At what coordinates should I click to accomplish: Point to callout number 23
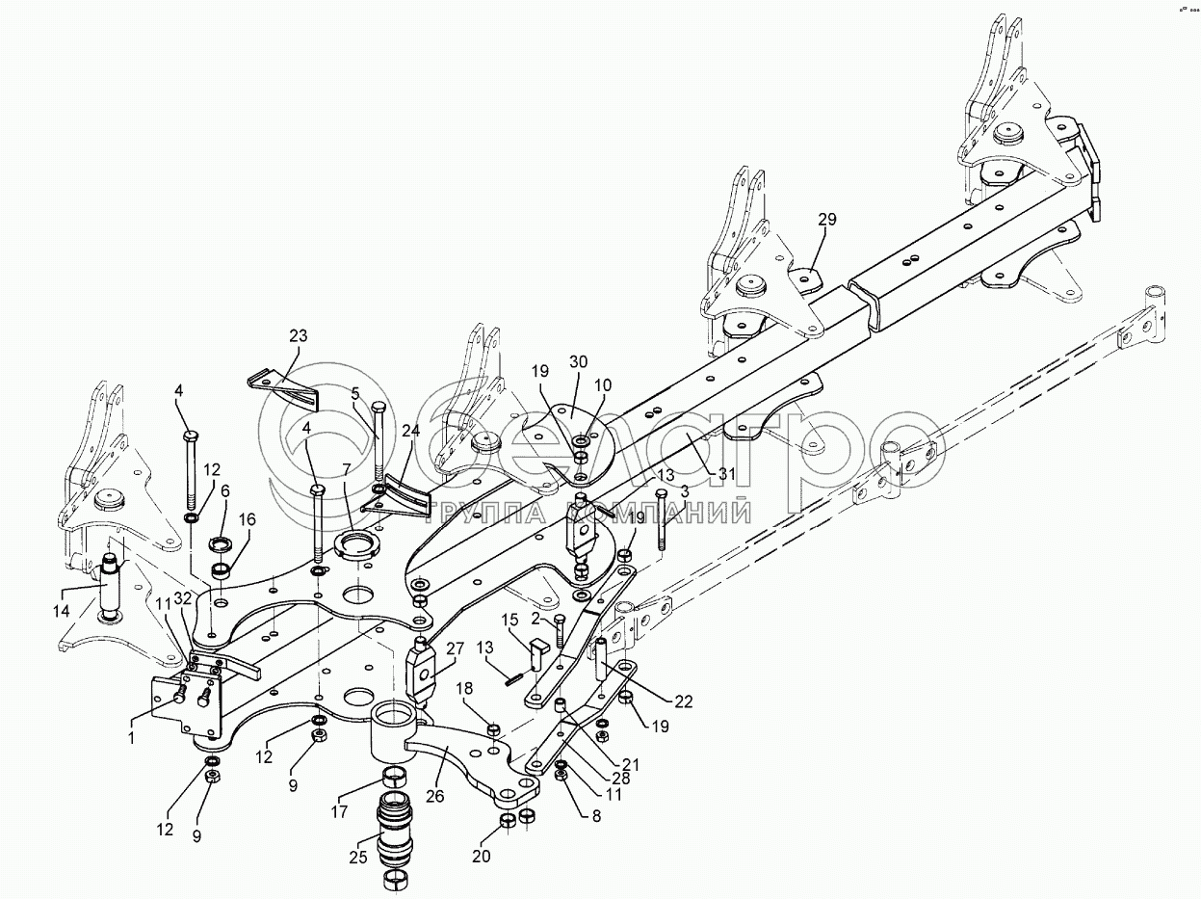[x=299, y=336]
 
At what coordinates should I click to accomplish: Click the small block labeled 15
[x=540, y=638]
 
